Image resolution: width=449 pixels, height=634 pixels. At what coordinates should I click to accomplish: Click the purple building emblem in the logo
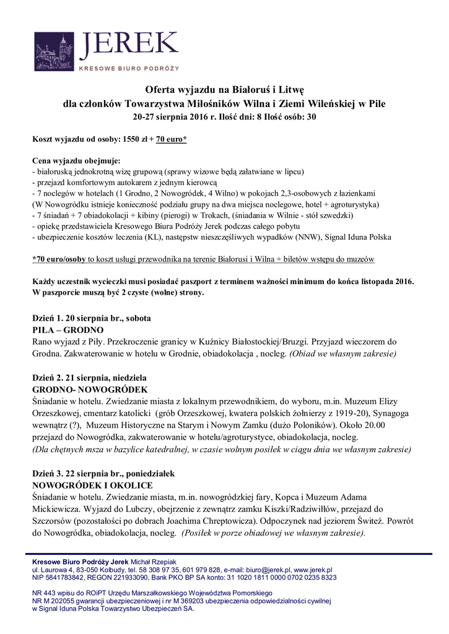pyautogui.click(x=55, y=52)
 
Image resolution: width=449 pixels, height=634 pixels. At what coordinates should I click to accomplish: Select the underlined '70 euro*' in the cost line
pyautogui.click(x=170, y=140)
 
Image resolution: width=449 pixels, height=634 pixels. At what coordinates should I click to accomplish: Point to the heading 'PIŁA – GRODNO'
pyautogui.click(x=68, y=330)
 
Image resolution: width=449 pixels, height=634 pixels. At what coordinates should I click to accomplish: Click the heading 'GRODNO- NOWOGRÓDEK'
pyautogui.click(x=89, y=389)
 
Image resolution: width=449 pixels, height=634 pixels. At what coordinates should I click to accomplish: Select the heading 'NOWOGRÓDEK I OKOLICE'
pyautogui.click(x=92, y=485)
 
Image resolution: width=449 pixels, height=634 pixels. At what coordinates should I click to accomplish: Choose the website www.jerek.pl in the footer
pyautogui.click(x=313, y=569)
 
